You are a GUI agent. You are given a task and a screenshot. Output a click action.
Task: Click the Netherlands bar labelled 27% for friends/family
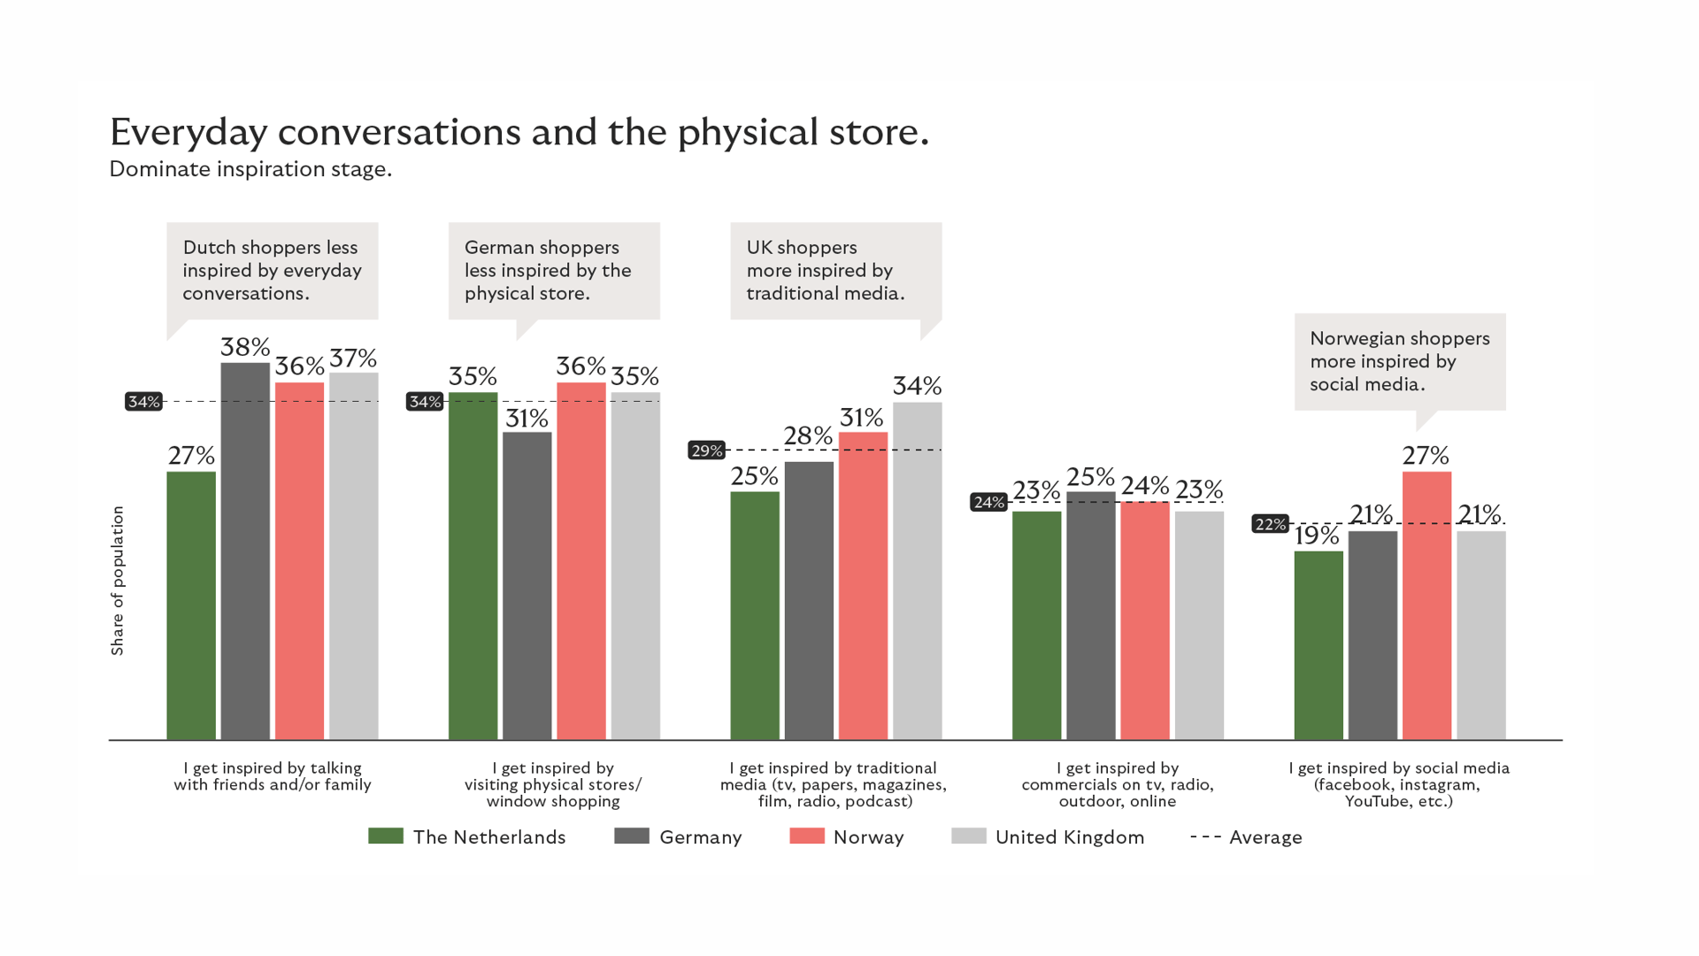coord(191,605)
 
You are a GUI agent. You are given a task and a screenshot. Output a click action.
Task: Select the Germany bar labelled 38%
coord(245,551)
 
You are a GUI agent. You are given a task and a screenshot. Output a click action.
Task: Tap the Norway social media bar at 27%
coord(1426,605)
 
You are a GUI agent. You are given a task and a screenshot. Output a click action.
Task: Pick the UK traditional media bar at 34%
coord(917,571)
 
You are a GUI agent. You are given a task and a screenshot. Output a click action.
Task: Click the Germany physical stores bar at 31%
coord(527,586)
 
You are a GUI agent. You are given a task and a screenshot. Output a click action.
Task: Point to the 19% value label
coord(1317,536)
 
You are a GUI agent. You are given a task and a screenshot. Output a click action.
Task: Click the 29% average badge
coord(706,451)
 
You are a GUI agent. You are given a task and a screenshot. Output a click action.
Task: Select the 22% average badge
coord(1270,524)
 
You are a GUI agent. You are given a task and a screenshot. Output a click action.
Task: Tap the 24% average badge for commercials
coord(988,503)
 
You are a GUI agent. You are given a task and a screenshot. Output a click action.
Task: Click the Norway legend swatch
coord(806,836)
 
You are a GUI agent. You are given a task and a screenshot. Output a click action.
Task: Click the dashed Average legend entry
coord(1246,837)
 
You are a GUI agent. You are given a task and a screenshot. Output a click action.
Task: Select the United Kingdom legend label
coord(1069,837)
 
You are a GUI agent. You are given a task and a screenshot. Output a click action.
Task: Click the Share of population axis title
coord(118,581)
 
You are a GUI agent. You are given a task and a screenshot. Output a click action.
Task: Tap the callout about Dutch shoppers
coord(273,271)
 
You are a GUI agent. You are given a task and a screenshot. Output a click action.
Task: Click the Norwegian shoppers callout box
coord(1399,361)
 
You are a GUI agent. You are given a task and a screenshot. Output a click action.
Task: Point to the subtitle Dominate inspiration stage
coord(250,169)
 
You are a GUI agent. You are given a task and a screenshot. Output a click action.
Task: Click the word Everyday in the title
coord(188,133)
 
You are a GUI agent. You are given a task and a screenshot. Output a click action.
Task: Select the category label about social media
coord(1398,784)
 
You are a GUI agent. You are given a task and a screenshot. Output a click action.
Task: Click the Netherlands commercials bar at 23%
coord(1036,625)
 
